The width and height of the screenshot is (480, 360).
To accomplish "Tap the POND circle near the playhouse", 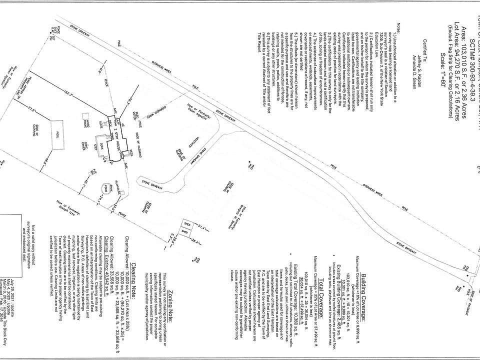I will (104, 188).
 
